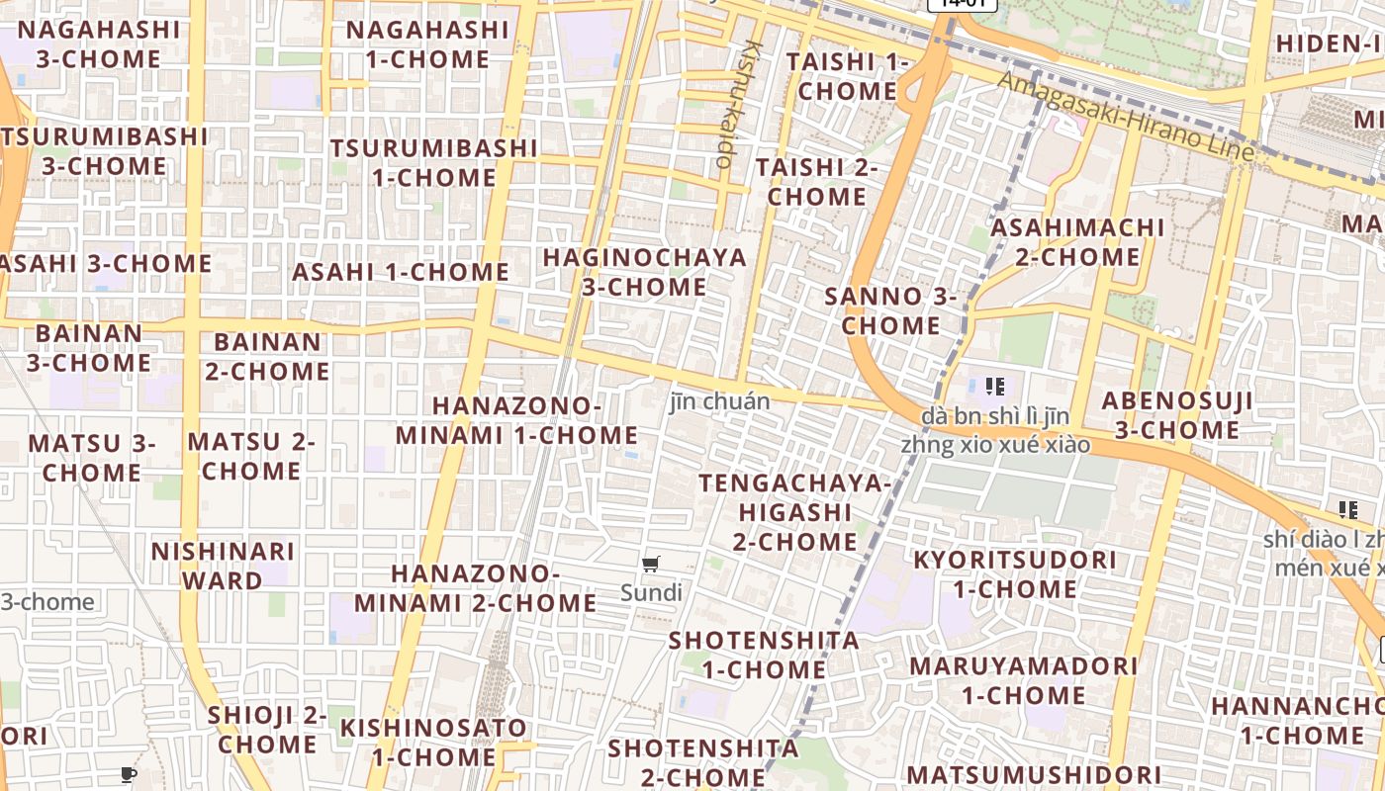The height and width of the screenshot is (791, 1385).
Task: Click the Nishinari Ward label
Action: pos(223,565)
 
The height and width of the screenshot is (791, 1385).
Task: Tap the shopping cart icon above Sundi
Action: pos(650,565)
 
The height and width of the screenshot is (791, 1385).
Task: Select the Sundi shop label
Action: pos(651,593)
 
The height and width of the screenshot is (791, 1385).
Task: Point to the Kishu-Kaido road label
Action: pos(738,103)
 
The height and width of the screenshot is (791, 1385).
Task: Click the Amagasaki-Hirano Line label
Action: pos(1126,117)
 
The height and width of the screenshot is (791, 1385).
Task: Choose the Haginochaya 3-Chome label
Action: pos(644,272)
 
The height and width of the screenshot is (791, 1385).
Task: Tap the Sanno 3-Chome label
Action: pos(890,309)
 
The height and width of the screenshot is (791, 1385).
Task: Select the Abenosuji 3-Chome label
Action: pos(1177,415)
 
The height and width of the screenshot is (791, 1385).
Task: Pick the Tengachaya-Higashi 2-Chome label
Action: pos(795,512)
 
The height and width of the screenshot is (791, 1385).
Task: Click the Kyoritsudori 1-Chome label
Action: pos(1014,573)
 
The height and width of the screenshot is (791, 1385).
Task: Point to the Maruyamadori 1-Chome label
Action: pos(1023,680)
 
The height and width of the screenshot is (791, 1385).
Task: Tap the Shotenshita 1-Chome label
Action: pos(764,655)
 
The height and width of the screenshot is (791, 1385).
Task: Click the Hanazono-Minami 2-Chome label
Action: pos(475,587)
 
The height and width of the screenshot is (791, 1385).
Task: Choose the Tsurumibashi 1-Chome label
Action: pos(434,162)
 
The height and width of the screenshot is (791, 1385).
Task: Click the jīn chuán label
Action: pos(719,401)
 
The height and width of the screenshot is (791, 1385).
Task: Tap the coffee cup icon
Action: pos(128,774)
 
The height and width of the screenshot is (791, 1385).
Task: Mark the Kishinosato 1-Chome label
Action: pos(433,742)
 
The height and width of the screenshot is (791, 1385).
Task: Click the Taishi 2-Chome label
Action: pos(816,181)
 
